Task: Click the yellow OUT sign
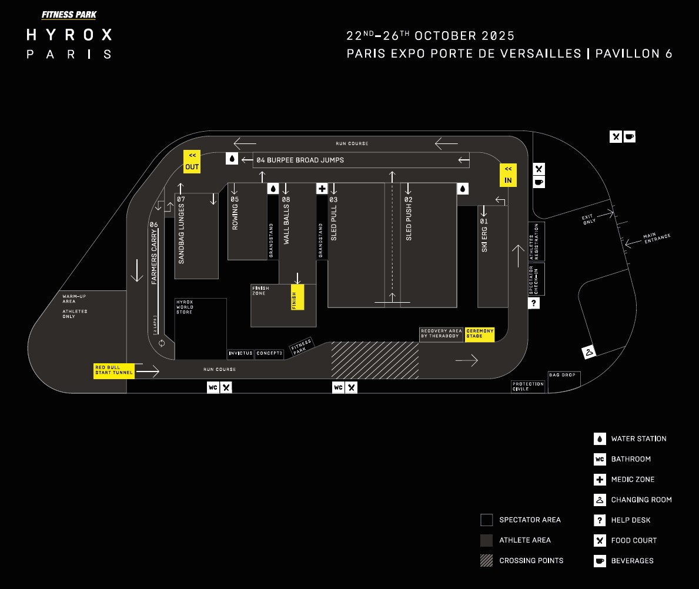(192, 161)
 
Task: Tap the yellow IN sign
(508, 175)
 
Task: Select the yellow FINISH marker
(297, 297)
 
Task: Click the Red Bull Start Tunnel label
(114, 370)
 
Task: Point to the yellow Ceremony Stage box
(480, 334)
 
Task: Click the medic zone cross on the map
(322, 189)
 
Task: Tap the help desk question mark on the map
(534, 303)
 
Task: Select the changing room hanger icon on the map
(588, 353)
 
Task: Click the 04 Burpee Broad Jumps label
(300, 160)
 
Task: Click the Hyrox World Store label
(185, 307)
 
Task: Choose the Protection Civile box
(528, 386)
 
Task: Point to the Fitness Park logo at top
(69, 15)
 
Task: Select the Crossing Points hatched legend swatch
(486, 560)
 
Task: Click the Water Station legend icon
(600, 439)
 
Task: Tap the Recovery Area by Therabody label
(441, 334)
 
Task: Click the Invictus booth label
(240, 354)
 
